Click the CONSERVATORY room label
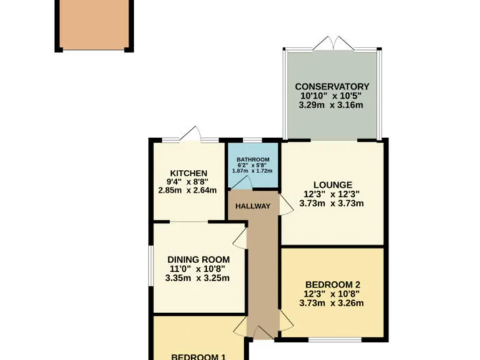[x=332, y=86]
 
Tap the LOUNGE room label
[x=332, y=184]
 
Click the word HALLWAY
[x=252, y=206]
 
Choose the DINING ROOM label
[x=198, y=259]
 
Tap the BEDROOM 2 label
[x=332, y=284]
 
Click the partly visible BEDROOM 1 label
[x=198, y=356]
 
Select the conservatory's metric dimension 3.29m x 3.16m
[x=332, y=105]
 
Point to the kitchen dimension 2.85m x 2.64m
[x=187, y=191]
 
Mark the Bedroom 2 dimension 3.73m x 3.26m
[x=332, y=303]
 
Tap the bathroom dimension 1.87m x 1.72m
[x=252, y=171]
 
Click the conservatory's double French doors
[x=332, y=44]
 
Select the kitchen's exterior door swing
[x=191, y=132]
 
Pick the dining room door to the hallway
[x=240, y=235]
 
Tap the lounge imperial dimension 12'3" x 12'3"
[x=332, y=194]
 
